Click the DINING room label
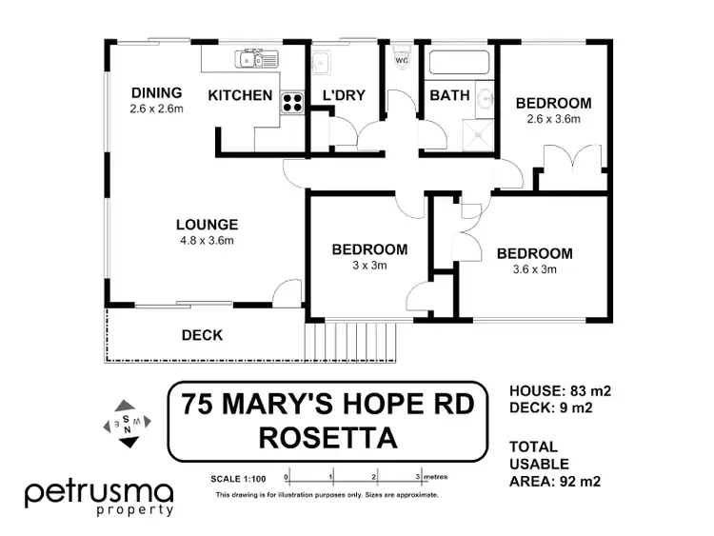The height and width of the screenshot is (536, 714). [x=156, y=92]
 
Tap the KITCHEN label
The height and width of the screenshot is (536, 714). [x=240, y=96]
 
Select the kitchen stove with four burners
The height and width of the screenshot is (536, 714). [x=292, y=104]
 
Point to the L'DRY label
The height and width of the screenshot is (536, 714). [x=345, y=96]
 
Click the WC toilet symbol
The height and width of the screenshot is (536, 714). [x=400, y=58]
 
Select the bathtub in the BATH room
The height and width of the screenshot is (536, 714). [x=459, y=64]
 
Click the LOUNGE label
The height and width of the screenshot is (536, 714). [x=207, y=225]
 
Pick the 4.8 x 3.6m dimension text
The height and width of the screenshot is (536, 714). [x=207, y=240]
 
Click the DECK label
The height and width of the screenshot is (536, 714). [x=202, y=335]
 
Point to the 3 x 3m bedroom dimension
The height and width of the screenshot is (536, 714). [x=369, y=266]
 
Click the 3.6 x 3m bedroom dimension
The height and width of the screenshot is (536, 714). [x=534, y=269]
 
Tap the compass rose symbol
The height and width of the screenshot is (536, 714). [x=125, y=422]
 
